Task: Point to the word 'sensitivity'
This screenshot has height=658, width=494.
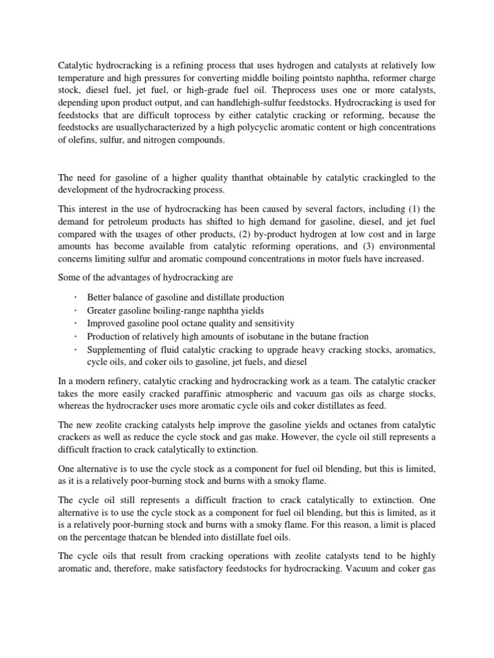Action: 272,324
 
